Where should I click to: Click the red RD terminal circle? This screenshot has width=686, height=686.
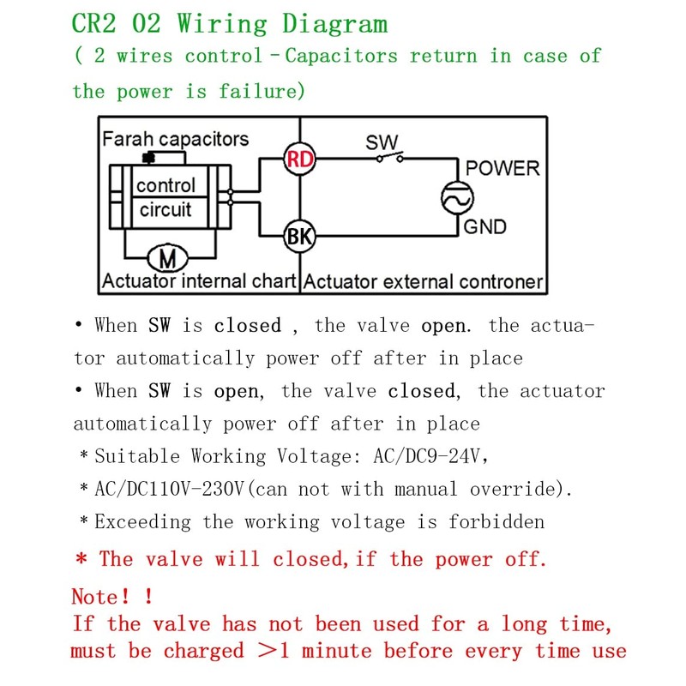(x=299, y=159)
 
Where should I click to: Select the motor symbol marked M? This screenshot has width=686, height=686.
(x=168, y=256)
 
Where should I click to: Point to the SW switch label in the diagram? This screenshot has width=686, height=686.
(x=382, y=142)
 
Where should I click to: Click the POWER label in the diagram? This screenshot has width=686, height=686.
(x=502, y=168)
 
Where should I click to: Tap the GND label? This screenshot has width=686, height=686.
(x=484, y=227)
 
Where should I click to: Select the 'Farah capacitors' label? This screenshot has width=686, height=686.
(x=175, y=139)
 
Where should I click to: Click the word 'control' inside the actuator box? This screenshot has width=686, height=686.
(x=165, y=185)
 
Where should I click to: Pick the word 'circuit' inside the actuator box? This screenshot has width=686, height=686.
(x=165, y=210)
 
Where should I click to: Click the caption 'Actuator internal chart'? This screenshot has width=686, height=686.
(x=199, y=281)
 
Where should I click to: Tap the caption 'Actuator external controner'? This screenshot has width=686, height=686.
(x=424, y=281)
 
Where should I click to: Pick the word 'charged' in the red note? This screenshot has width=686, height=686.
(x=203, y=651)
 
